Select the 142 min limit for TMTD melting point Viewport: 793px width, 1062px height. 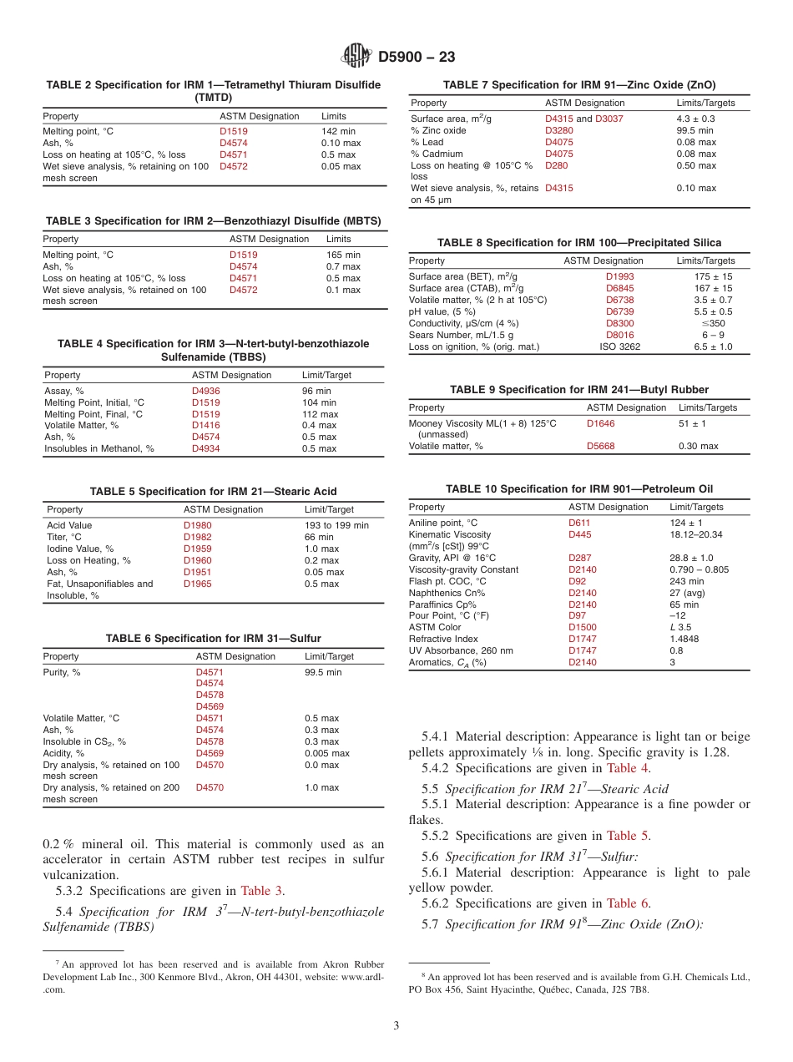click(x=338, y=131)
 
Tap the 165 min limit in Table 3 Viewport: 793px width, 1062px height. click(x=343, y=255)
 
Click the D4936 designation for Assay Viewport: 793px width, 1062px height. click(x=206, y=391)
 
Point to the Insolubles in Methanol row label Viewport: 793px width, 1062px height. click(x=98, y=449)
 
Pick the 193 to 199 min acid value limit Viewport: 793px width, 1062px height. click(x=336, y=525)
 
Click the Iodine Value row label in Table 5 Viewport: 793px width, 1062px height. click(x=80, y=549)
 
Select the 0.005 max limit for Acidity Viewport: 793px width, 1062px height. click(x=327, y=753)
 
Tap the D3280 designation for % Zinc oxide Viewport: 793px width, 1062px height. click(x=559, y=130)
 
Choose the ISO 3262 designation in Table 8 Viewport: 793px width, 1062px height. click(x=619, y=346)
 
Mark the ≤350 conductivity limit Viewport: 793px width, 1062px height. click(x=713, y=323)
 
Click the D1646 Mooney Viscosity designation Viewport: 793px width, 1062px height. click(x=600, y=423)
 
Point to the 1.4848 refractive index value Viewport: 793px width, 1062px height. click(x=686, y=639)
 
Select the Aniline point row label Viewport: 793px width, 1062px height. click(x=442, y=523)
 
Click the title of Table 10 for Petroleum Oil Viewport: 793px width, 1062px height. click(x=579, y=488)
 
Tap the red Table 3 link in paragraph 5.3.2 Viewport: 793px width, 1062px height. click(x=261, y=890)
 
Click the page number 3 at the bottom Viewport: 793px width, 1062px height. click(x=396, y=1025)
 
